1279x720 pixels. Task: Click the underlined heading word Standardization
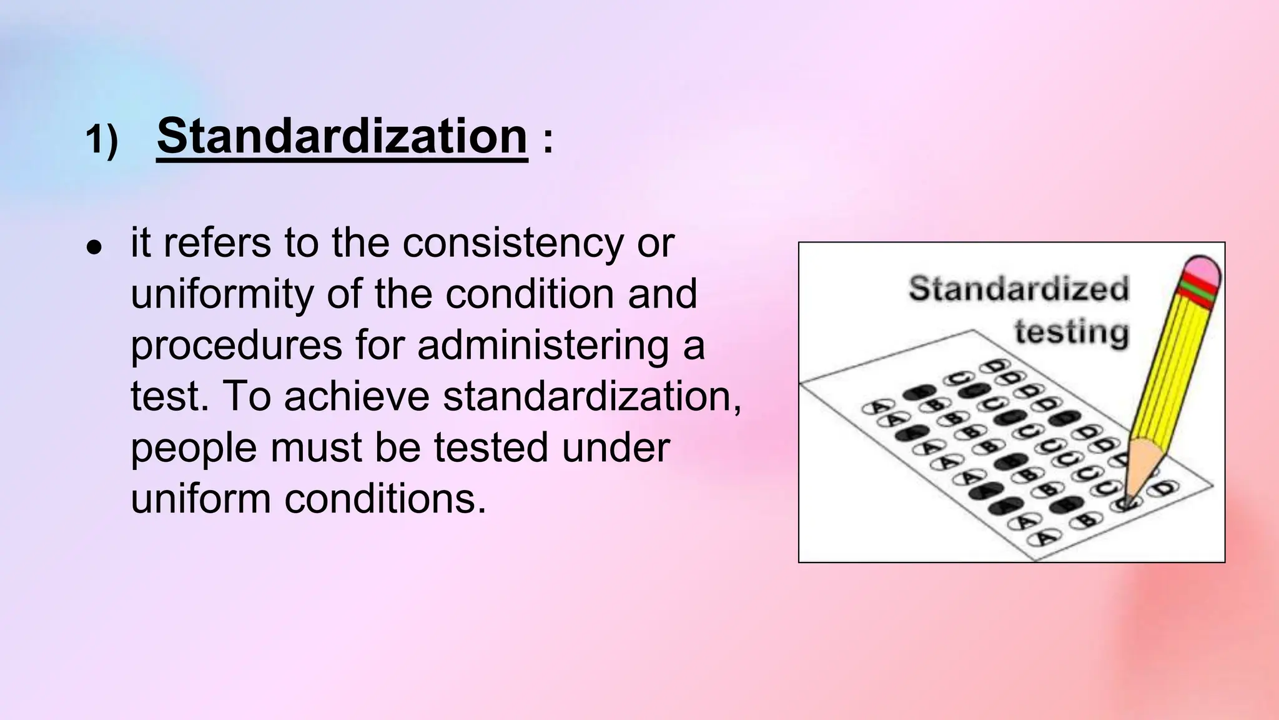342,136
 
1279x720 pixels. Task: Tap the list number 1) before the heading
101,139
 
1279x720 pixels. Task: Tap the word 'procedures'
236,346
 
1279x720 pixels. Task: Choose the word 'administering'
543,346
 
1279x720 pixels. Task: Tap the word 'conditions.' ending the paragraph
385,499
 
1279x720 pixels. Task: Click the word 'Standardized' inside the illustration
1019,289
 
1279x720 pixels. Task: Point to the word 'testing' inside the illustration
1072,331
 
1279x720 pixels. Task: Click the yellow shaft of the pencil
1170,369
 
